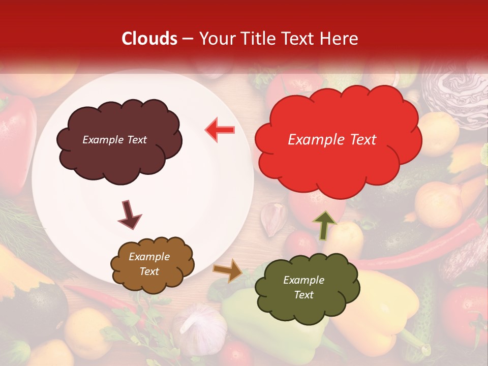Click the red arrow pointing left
[x=220, y=130]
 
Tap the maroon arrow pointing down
[x=129, y=215]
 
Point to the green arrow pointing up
[x=324, y=225]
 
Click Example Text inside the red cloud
[x=332, y=140]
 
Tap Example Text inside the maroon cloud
[x=114, y=140]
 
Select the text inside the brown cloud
[x=149, y=264]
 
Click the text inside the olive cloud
[x=303, y=287]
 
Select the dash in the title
[x=187, y=39]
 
